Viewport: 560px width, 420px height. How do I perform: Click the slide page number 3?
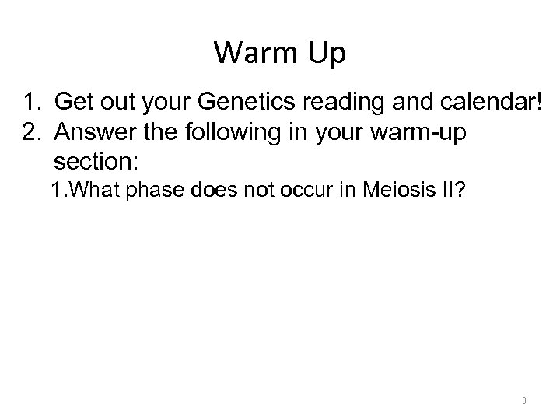coord(524,401)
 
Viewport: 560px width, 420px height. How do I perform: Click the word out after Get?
coord(116,102)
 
